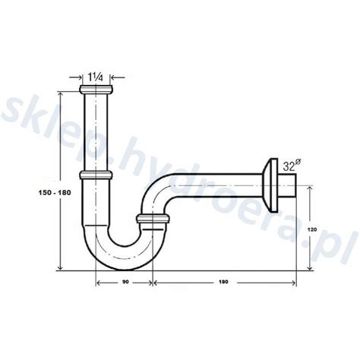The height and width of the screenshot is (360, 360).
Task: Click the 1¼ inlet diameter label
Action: click(x=96, y=77)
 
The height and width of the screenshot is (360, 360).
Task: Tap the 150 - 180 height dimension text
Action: click(x=55, y=193)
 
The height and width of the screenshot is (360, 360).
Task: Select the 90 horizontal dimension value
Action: click(x=126, y=282)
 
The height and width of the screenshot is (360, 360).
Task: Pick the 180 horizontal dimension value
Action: click(x=224, y=282)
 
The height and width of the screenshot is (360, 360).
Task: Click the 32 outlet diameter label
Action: click(x=289, y=166)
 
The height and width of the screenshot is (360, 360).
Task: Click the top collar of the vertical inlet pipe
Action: click(x=96, y=90)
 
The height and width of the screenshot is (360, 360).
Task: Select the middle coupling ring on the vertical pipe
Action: click(x=96, y=175)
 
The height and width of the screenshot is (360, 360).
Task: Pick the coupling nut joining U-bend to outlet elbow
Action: click(x=153, y=219)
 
